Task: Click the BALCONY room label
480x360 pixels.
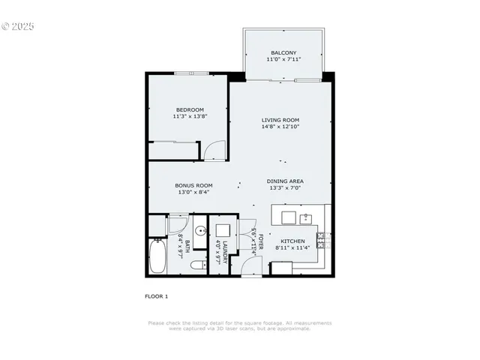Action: pyautogui.click(x=283, y=52)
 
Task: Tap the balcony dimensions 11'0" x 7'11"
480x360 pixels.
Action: pyautogui.click(x=283, y=59)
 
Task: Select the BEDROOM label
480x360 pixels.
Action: pyautogui.click(x=190, y=109)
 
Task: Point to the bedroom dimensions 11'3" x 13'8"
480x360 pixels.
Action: pyautogui.click(x=190, y=116)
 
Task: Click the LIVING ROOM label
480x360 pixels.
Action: pyautogui.click(x=280, y=120)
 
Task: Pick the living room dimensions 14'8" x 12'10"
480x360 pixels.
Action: pyautogui.click(x=280, y=127)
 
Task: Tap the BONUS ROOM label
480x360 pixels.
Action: pyautogui.click(x=193, y=185)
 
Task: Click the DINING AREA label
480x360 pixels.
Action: pyautogui.click(x=285, y=181)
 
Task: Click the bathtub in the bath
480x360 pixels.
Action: pyautogui.click(x=158, y=256)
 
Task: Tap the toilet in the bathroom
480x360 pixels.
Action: pyautogui.click(x=197, y=265)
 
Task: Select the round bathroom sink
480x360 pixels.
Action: pyautogui.click(x=201, y=231)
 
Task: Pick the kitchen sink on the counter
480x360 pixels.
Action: pyautogui.click(x=306, y=219)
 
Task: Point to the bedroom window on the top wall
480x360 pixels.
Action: pyautogui.click(x=191, y=73)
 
